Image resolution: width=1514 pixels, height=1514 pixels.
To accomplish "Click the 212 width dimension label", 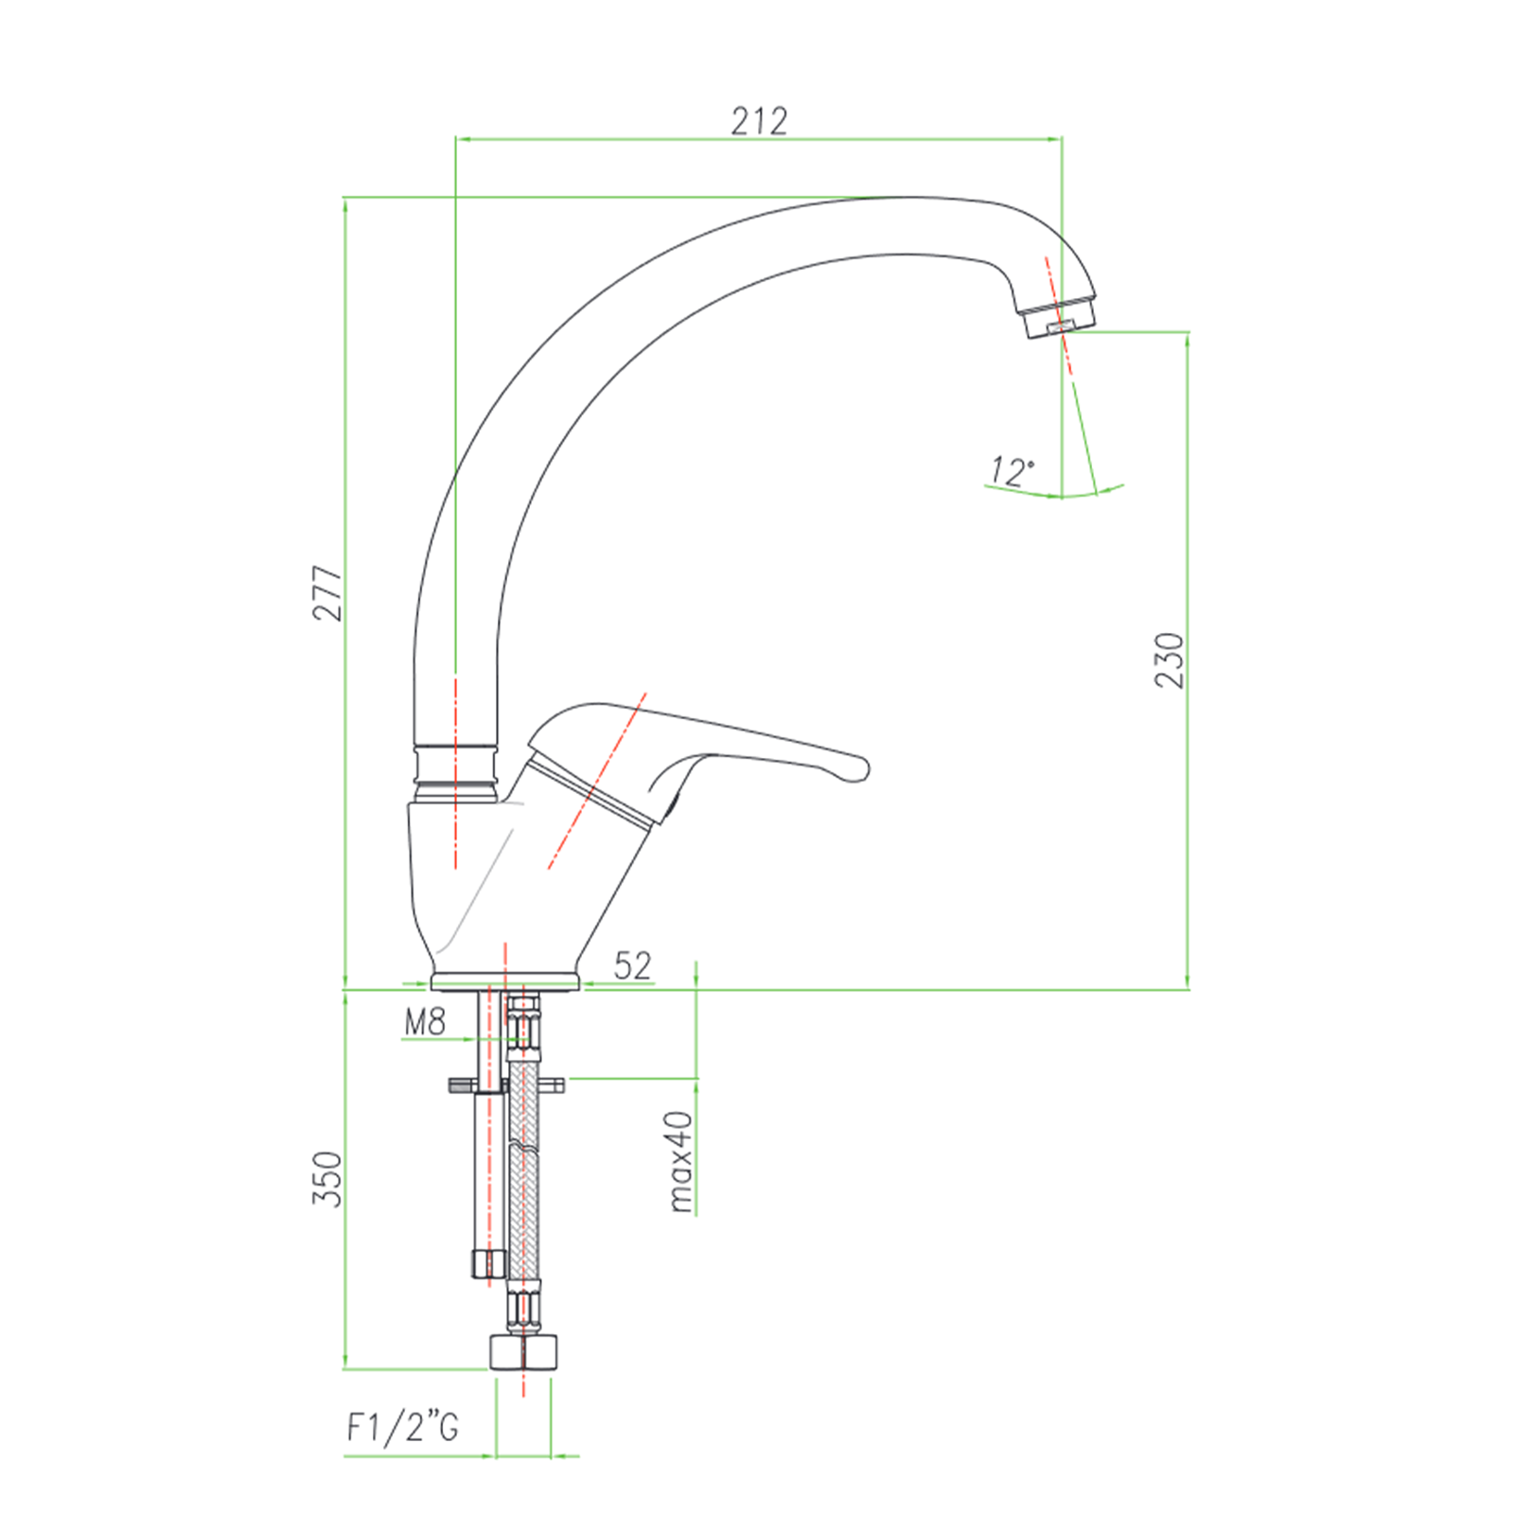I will click(759, 121).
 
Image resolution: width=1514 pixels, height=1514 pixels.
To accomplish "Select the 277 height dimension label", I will click(327, 593).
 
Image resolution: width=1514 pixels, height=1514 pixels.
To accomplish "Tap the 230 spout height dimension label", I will click(1171, 660).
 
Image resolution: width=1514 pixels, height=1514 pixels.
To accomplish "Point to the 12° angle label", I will click(1012, 470).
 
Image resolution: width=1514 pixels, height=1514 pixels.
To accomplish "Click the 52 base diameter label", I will click(632, 965).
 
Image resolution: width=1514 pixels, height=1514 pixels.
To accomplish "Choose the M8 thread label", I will click(425, 1022).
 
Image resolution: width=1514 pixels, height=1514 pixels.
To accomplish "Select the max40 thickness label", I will click(680, 1161).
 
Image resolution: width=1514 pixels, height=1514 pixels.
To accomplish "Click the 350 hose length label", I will click(327, 1178).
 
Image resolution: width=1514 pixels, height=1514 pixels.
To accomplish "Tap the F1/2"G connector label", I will click(403, 1427).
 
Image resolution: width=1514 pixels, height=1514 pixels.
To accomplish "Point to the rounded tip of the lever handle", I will click(856, 767).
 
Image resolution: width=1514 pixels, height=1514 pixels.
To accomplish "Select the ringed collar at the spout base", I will click(456, 774).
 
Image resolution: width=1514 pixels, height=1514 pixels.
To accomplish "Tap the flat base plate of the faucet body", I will click(504, 981).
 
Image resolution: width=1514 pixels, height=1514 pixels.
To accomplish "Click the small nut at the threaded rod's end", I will click(488, 1262).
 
